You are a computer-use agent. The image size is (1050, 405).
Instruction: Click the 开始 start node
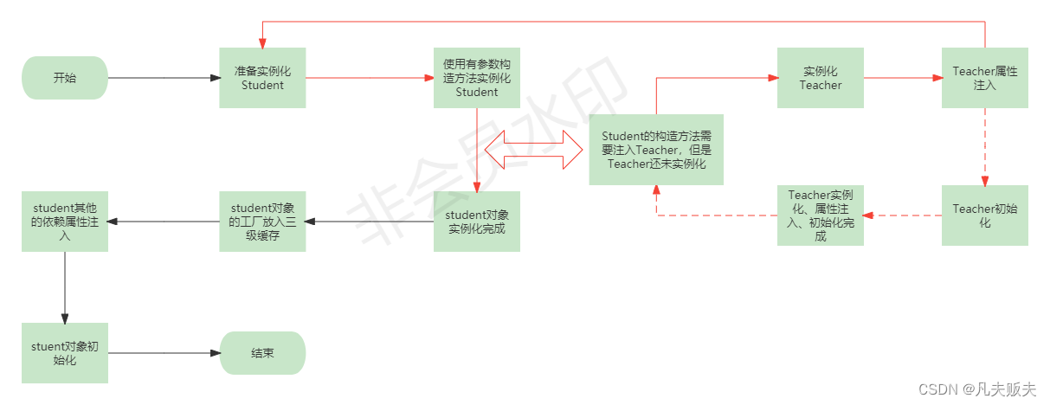(65, 78)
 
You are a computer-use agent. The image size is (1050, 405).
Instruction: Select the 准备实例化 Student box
(262, 78)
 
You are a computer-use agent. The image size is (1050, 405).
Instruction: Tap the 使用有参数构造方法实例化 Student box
(476, 78)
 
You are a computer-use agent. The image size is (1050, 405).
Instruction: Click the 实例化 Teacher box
(820, 78)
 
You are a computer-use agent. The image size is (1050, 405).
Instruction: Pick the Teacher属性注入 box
(985, 78)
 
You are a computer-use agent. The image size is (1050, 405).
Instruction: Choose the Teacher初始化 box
(985, 215)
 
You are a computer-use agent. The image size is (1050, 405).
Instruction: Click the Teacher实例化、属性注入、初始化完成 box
(820, 215)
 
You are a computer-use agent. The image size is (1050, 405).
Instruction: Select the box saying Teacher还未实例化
(656, 150)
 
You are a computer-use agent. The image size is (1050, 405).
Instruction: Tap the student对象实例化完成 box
(476, 222)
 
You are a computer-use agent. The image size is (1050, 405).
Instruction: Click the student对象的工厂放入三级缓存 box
(262, 222)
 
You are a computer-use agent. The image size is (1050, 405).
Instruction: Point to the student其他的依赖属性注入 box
(65, 222)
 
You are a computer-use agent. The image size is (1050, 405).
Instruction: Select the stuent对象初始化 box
(65, 353)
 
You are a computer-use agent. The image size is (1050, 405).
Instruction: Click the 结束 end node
(262, 353)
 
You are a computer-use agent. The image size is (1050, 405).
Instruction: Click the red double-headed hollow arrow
(534, 150)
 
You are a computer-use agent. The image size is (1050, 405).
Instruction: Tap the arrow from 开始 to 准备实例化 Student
(164, 78)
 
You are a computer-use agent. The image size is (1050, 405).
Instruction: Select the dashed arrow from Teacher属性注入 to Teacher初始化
(985, 146)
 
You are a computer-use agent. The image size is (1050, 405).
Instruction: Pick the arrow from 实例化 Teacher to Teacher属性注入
(903, 78)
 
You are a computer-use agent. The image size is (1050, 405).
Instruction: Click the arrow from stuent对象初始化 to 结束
(164, 353)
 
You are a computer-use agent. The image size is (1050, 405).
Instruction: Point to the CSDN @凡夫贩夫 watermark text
(977, 390)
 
